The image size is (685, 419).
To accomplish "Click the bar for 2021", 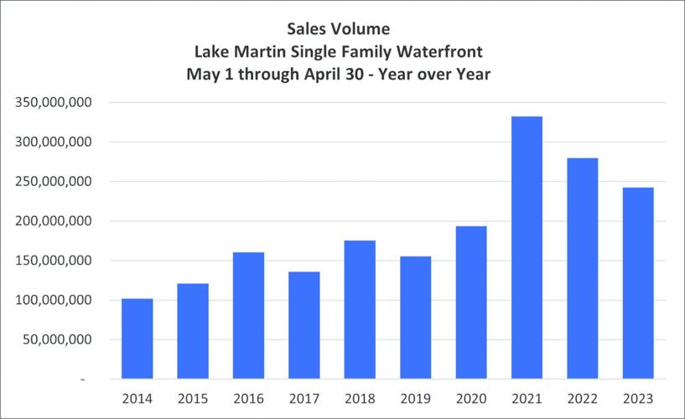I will (x=527, y=247).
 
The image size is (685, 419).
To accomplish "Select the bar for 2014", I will (x=138, y=339).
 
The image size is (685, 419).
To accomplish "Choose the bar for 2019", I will (x=416, y=318).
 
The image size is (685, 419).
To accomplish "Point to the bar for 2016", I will (x=249, y=315).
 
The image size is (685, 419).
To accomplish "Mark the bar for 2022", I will (x=583, y=268).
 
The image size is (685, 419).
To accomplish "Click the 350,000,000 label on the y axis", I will (x=53, y=102).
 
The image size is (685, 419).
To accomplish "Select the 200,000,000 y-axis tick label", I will (x=53, y=221).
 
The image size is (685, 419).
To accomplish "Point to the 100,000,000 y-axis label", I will (x=53, y=300).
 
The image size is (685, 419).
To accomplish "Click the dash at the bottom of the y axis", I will (x=82, y=379).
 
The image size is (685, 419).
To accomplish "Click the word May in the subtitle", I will (x=202, y=75).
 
